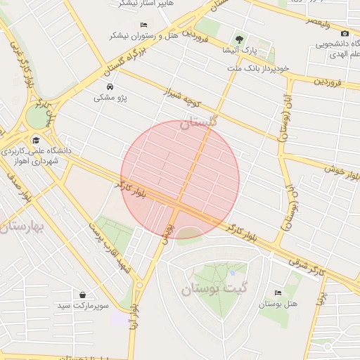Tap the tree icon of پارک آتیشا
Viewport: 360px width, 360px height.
point(240,40)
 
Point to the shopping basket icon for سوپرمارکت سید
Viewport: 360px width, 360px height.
point(84,295)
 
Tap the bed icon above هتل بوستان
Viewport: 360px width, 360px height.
point(278,293)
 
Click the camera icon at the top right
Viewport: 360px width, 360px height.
point(344,34)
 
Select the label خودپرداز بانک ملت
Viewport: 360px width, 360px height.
point(258,68)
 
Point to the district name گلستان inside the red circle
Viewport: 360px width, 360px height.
point(199,123)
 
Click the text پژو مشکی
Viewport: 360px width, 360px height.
point(111,98)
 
